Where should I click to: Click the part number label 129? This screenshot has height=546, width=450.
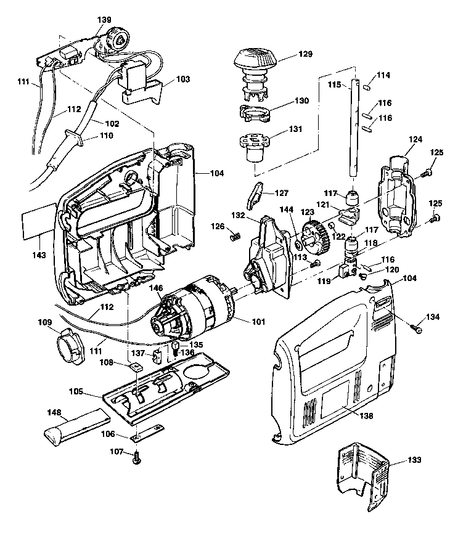[x=289, y=55]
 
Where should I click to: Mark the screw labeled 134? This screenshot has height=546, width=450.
[x=417, y=329]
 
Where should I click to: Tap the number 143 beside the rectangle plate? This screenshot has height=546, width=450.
[x=39, y=255]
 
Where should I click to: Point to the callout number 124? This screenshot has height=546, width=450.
[x=415, y=140]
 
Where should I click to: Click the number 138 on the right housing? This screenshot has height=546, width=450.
[x=366, y=416]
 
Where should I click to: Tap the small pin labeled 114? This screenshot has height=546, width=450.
[x=366, y=86]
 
